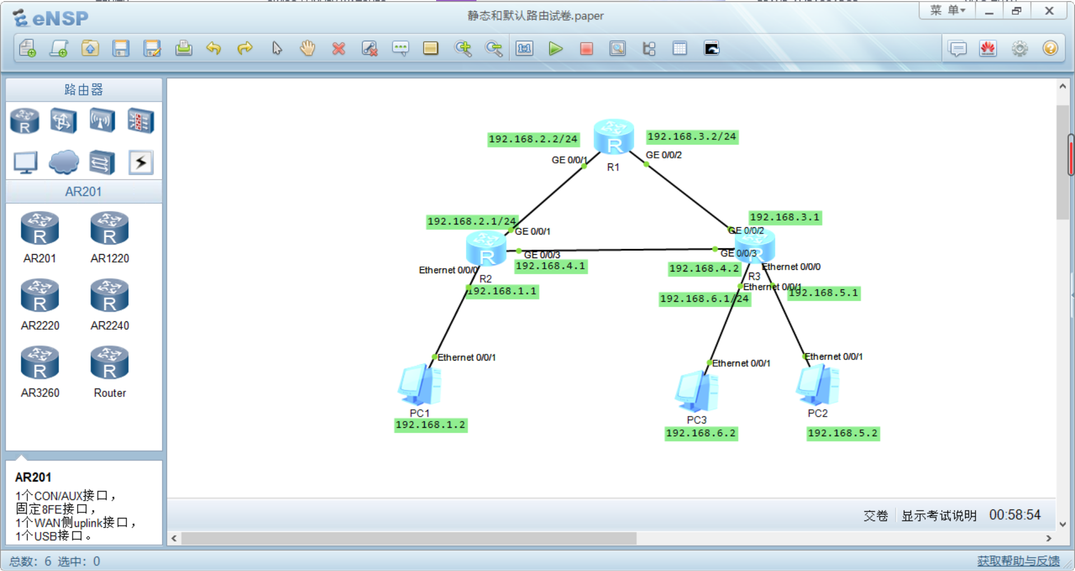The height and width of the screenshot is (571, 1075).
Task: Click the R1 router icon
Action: (613, 137)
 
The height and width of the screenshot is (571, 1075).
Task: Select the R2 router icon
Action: (486, 249)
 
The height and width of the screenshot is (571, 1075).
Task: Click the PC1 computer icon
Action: (420, 385)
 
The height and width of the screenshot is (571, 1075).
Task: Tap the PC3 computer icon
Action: (697, 391)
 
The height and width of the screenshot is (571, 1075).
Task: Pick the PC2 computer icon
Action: (817, 385)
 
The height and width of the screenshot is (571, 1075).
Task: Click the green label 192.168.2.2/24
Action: (533, 139)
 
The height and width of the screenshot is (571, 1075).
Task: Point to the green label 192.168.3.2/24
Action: (691, 137)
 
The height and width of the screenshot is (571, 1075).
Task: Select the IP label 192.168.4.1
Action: (550, 266)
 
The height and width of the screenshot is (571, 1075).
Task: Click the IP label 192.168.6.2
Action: (701, 433)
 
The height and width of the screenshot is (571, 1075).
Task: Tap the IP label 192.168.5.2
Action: (843, 433)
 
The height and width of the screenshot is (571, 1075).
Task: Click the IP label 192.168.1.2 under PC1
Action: (431, 425)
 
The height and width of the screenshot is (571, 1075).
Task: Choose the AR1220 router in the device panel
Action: (110, 229)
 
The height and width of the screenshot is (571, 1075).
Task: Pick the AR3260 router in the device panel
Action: (40, 363)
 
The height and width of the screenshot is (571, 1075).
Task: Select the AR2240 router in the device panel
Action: (110, 296)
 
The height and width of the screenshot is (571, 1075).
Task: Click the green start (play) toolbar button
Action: (555, 49)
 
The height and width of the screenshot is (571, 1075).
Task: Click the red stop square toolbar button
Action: (586, 49)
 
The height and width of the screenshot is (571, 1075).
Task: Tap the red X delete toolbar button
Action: (338, 49)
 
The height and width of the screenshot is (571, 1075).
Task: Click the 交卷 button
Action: (875, 516)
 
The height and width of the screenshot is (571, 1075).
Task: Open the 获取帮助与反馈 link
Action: (1018, 561)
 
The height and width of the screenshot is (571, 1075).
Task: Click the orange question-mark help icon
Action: (1050, 49)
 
